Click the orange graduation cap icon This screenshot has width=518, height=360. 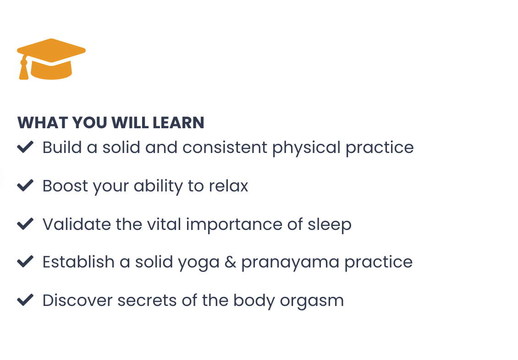click(x=51, y=59)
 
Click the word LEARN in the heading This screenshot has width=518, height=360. click(x=178, y=123)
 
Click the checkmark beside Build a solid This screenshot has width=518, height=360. click(x=25, y=147)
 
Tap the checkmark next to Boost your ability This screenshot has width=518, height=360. click(x=25, y=185)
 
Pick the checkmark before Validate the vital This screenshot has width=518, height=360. click(x=25, y=224)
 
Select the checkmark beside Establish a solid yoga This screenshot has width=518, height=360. click(x=25, y=262)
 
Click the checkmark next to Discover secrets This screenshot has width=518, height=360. click(x=25, y=300)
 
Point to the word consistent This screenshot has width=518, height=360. click(x=225, y=147)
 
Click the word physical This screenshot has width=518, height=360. click(x=306, y=148)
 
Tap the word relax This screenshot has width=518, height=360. click(x=228, y=186)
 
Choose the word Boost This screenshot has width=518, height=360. click(x=65, y=186)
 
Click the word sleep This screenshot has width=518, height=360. click(x=330, y=225)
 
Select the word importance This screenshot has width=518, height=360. click(x=234, y=225)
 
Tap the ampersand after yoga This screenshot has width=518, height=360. click(x=230, y=262)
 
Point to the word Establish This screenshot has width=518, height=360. click(x=79, y=262)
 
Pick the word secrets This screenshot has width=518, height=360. click(x=147, y=301)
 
